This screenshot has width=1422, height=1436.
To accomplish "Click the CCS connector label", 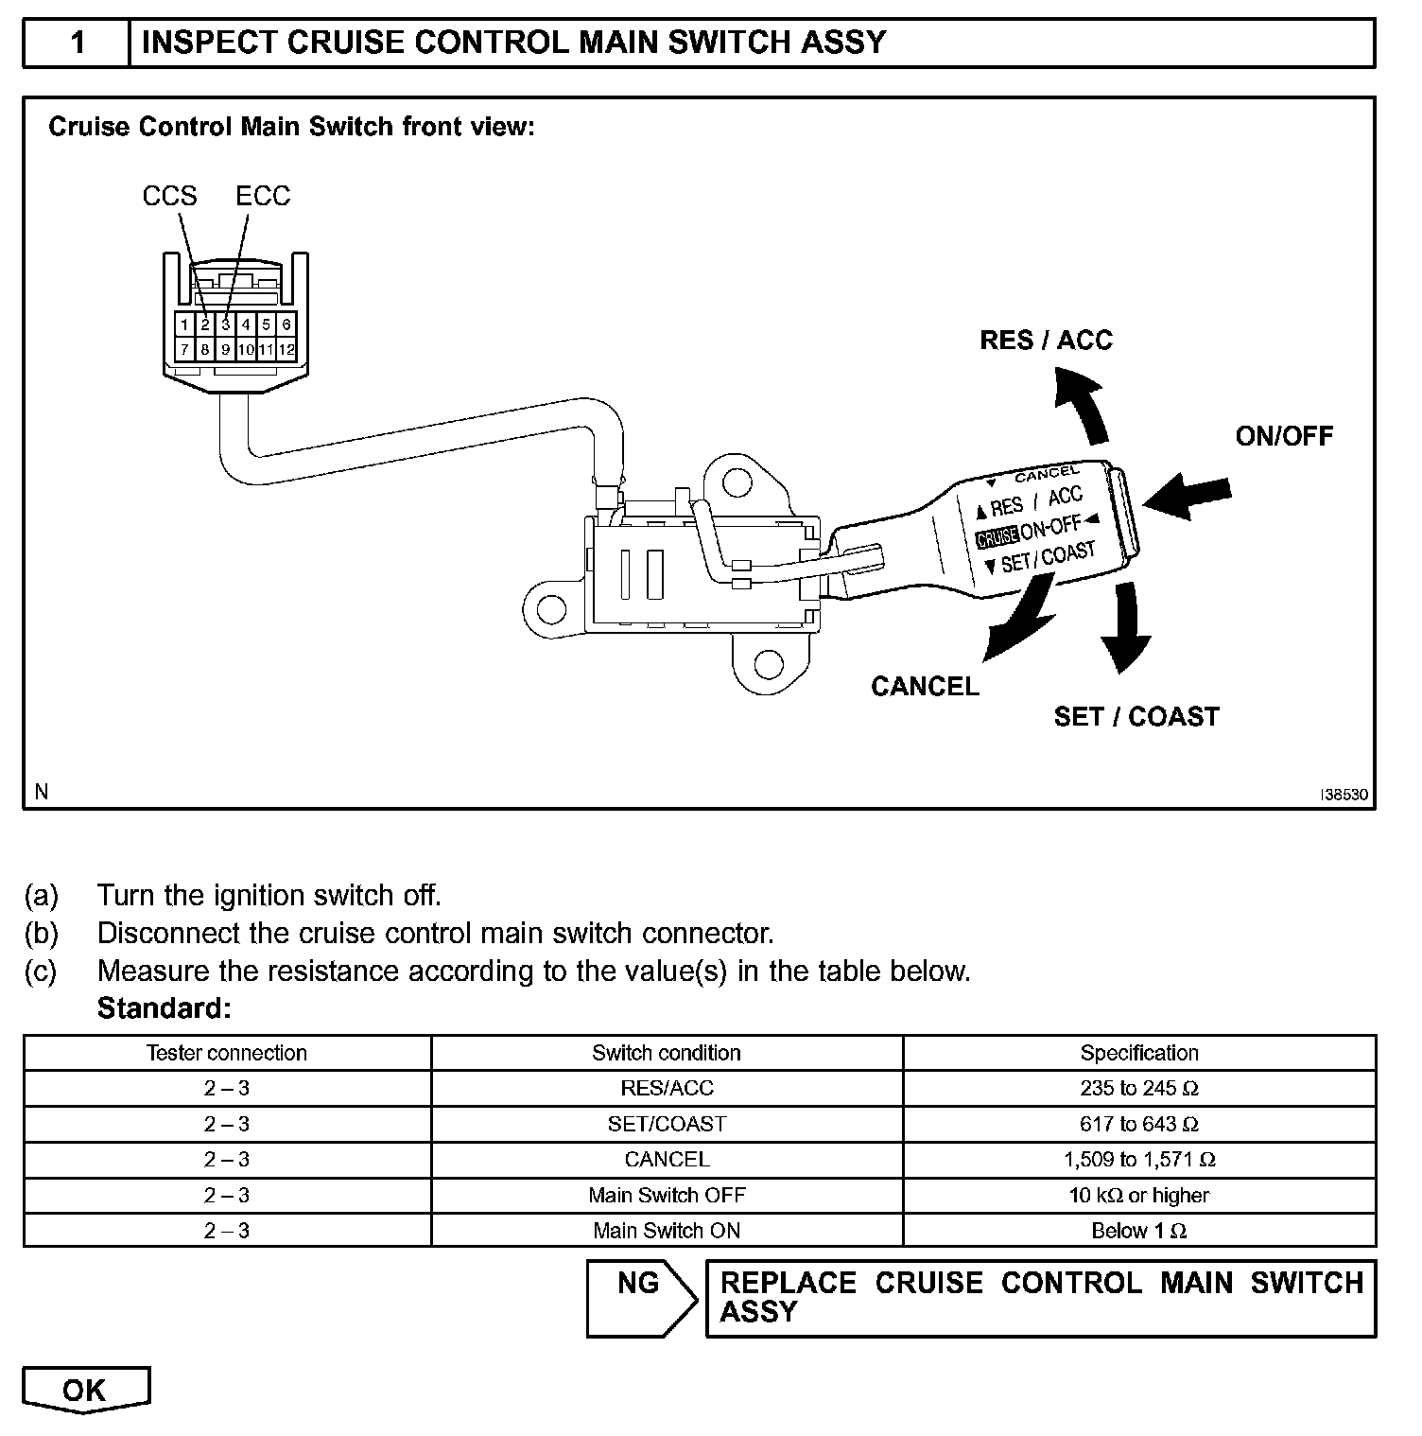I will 169,196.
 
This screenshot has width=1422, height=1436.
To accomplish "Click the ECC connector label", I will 263,196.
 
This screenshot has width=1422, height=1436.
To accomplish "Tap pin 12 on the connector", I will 286,350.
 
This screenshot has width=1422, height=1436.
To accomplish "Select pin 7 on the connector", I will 184,350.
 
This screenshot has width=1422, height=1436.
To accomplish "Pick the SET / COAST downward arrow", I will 1124,628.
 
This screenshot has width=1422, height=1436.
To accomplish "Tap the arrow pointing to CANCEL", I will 1019,624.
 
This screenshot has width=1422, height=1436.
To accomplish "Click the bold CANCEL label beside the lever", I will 925,687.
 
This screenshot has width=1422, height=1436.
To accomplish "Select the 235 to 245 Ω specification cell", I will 1138,1089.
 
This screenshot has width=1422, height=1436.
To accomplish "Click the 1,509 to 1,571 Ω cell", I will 1138,1160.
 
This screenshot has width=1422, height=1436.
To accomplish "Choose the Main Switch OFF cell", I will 667,1196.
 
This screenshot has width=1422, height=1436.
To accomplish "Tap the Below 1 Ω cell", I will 1138,1232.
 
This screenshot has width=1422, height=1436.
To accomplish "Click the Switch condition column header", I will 667,1053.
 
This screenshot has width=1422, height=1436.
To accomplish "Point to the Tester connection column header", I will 227,1053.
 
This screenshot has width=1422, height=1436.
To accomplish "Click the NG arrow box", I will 640,1297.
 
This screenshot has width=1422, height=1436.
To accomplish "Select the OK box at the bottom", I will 85,1390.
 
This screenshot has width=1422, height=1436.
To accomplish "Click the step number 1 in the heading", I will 78,43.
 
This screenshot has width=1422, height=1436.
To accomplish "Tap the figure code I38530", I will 1344,796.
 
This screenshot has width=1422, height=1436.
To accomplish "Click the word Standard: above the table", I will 164,1009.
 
